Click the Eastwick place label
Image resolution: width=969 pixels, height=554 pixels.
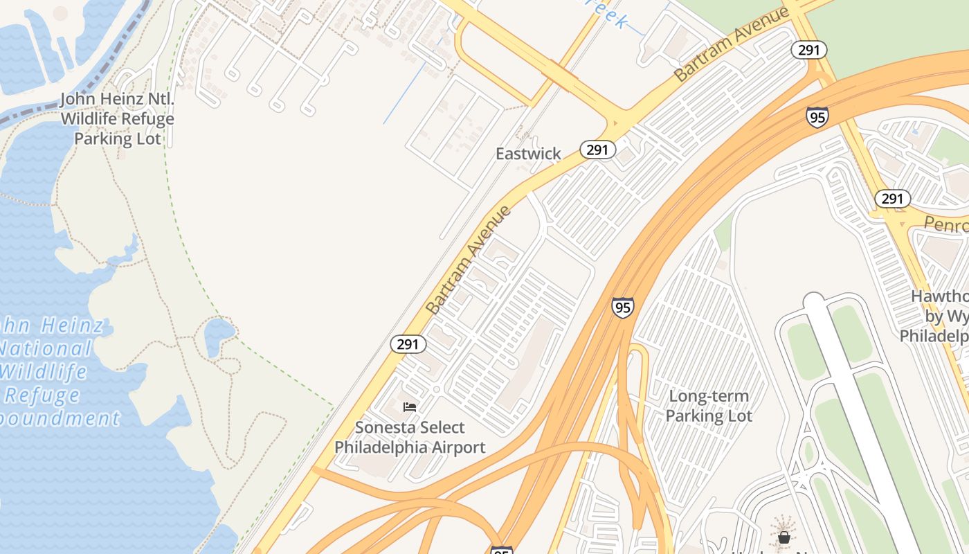(x=528, y=154)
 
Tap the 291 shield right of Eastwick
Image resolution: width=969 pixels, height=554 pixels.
(x=597, y=150)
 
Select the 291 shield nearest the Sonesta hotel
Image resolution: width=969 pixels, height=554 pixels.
(x=408, y=344)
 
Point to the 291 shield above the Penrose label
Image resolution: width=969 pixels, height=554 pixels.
(x=892, y=199)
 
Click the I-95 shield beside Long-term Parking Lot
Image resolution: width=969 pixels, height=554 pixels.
(x=622, y=307)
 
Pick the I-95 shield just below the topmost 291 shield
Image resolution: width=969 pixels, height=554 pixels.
(x=817, y=117)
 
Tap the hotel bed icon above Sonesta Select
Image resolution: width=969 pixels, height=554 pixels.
(x=410, y=407)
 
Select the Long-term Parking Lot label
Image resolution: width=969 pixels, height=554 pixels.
(x=709, y=406)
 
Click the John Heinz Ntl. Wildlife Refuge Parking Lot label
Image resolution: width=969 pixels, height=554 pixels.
(x=117, y=118)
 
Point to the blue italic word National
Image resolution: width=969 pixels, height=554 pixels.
(x=46, y=348)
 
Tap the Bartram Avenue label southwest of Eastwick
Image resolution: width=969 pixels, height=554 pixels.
(x=469, y=260)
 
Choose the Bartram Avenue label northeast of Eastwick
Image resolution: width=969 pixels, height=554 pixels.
(x=732, y=44)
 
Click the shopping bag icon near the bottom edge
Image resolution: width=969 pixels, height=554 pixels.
(x=784, y=537)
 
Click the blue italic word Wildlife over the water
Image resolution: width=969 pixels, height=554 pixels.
(x=43, y=372)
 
